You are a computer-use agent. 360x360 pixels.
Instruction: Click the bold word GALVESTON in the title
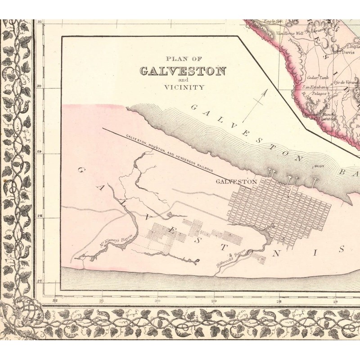pos(183,71)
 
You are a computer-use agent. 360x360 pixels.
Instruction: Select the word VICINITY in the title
pos(184,87)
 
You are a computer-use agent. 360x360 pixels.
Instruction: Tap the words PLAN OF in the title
pos(184,58)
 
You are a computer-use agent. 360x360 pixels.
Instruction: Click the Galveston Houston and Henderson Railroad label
pos(169,153)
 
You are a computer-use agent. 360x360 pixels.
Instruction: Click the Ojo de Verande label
pos(346,83)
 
